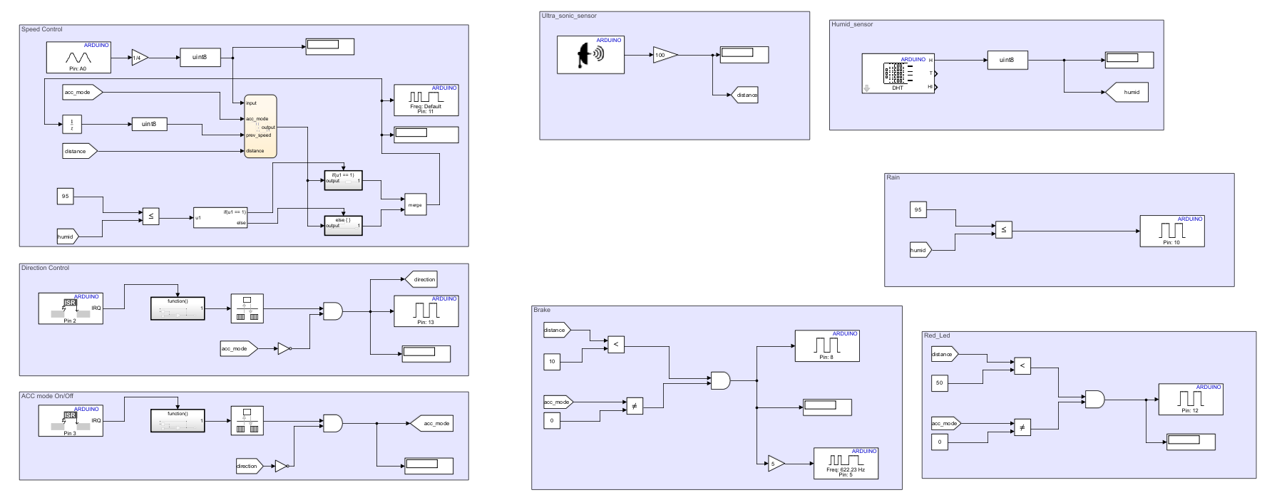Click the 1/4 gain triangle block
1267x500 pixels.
pos(139,58)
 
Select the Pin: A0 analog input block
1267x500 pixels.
pos(78,57)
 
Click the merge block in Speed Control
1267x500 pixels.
pos(415,204)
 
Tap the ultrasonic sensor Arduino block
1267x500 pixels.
pos(590,55)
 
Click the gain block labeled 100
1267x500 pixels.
pos(664,55)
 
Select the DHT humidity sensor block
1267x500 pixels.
pos(898,73)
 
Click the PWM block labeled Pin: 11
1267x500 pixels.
pos(426,100)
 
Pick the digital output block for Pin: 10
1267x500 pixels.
pos(1171,231)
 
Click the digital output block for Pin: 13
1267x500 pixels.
pos(426,311)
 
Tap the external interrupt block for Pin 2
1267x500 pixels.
pos(70,308)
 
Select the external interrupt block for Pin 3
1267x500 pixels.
pos(70,421)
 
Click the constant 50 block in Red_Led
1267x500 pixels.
pos(939,382)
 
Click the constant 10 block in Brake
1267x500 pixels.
pos(552,362)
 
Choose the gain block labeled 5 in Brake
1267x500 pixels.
pos(775,464)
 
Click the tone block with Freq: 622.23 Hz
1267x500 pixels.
pos(846,464)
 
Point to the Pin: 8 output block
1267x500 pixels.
pos(826,345)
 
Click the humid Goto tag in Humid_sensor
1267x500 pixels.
pos(1127,92)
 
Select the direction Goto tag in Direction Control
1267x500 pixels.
pos(421,279)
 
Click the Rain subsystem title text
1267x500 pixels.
pos(893,177)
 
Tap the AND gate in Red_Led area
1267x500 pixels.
pos(1094,399)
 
